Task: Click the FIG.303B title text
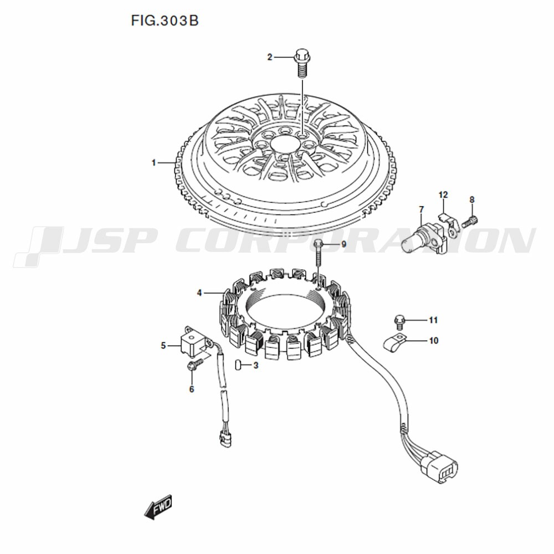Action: tap(165, 20)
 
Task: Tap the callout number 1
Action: tap(153, 163)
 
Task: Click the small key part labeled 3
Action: tap(238, 365)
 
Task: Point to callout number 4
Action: tap(199, 293)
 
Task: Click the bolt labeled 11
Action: tap(398, 320)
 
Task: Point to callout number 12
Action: tap(443, 194)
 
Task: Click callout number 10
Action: tap(434, 341)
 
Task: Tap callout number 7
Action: tap(421, 209)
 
